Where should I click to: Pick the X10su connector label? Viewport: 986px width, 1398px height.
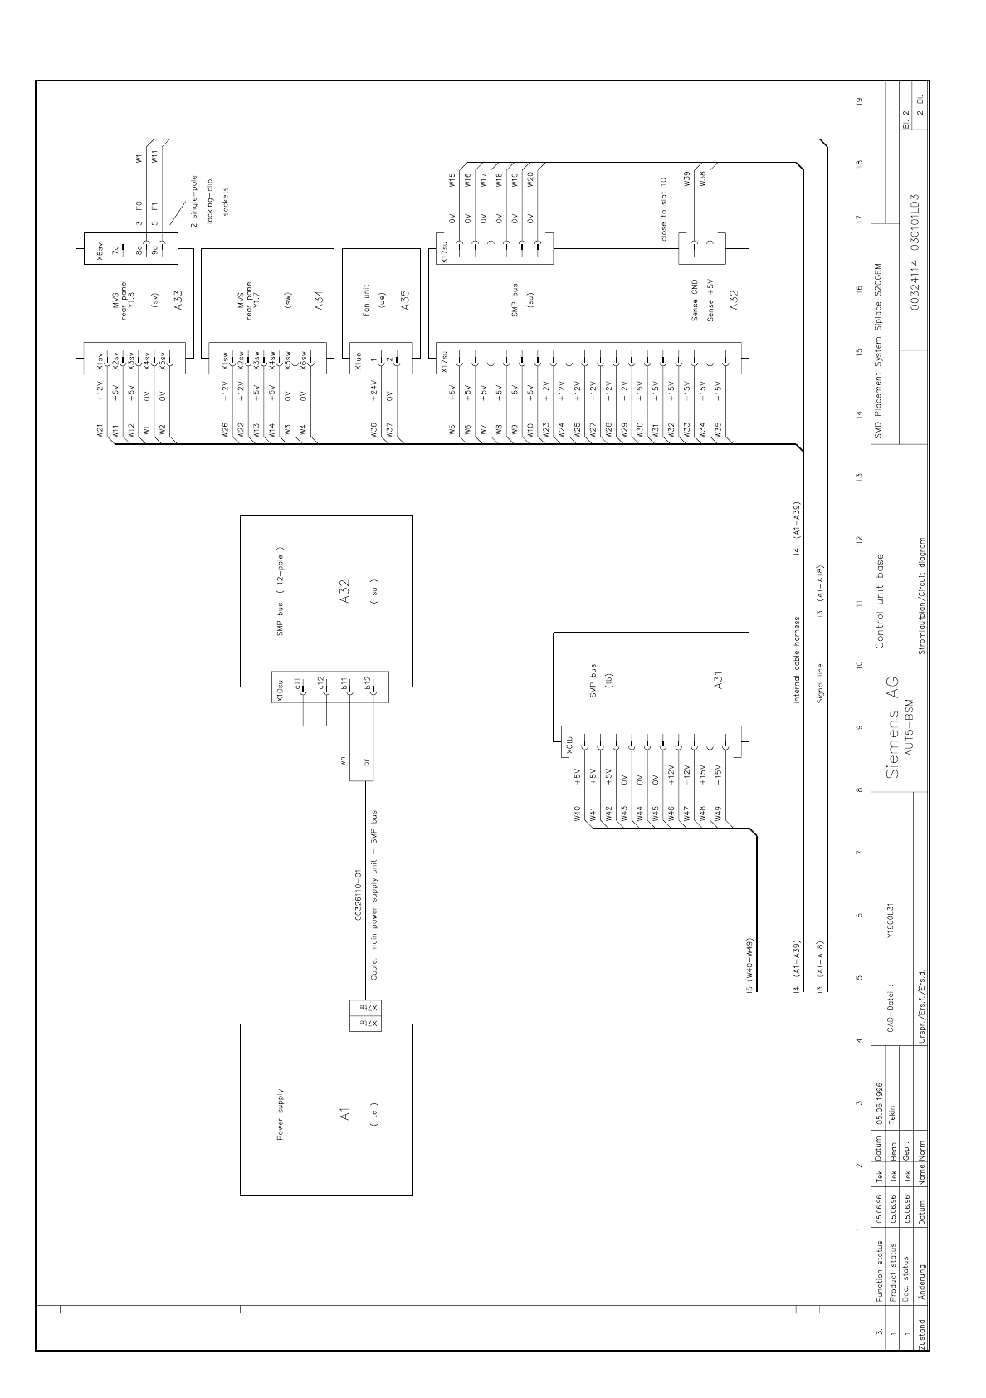[280, 693]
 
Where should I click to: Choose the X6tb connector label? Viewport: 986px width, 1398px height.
[571, 743]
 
